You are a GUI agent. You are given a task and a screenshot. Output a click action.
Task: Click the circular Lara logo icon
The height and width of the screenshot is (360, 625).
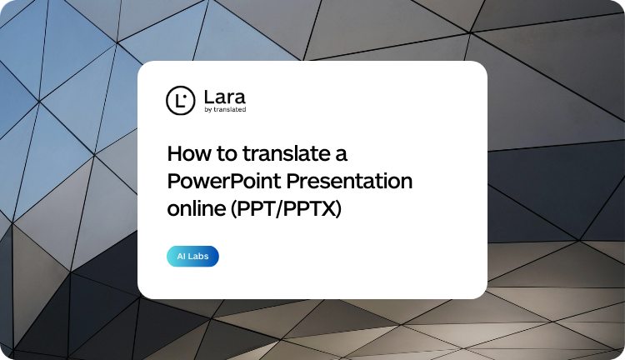tap(179, 100)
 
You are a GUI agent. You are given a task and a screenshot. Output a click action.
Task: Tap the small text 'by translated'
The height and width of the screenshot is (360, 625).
tap(225, 109)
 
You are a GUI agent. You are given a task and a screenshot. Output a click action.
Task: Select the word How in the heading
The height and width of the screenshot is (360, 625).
tap(185, 154)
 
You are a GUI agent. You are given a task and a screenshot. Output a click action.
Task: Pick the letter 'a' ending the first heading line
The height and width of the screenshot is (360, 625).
tap(342, 156)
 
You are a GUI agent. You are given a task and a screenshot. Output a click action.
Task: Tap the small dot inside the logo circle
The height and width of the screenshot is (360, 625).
tap(183, 95)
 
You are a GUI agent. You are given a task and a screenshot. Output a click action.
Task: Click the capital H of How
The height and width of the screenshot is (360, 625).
tap(174, 154)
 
